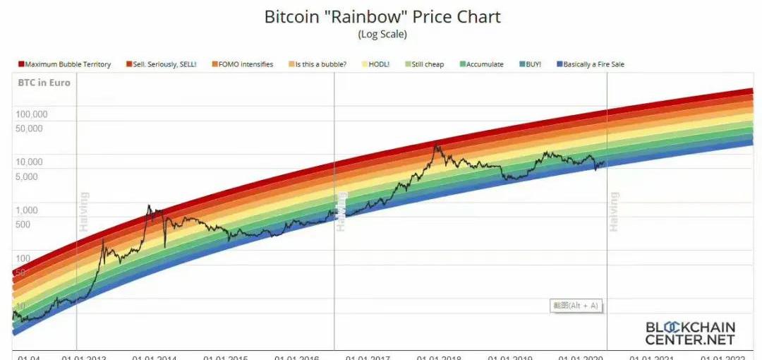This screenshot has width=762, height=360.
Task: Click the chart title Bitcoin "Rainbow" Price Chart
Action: click(x=382, y=16)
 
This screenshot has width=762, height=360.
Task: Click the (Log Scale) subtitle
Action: click(x=382, y=33)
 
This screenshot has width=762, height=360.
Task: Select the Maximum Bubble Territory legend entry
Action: click(x=64, y=64)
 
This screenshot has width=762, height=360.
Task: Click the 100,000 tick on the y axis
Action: click(x=32, y=114)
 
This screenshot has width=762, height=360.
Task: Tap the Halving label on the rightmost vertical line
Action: click(x=614, y=211)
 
